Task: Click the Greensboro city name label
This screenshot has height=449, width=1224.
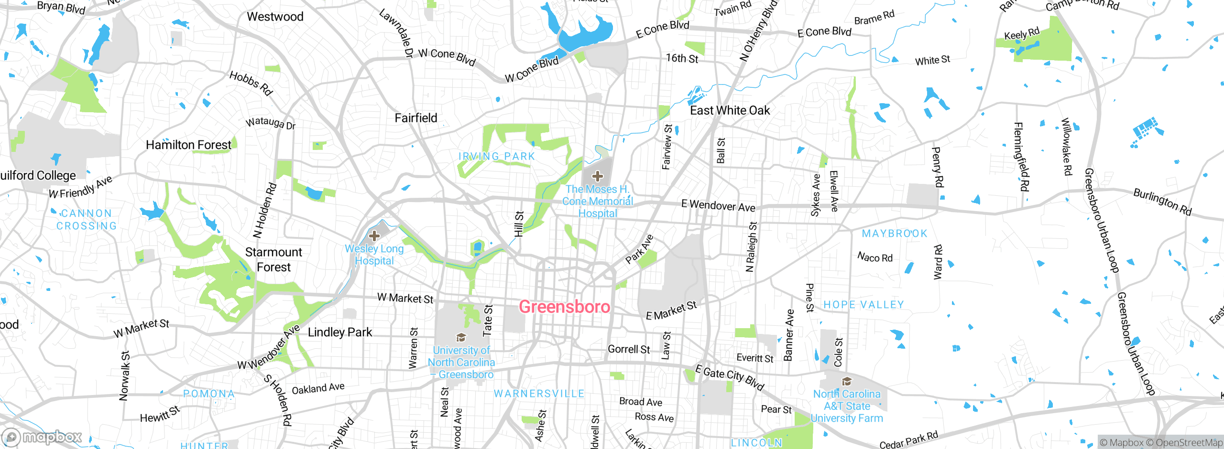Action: (564, 307)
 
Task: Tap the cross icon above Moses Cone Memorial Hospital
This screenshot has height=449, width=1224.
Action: (597, 176)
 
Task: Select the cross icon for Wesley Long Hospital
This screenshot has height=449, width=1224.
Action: (374, 235)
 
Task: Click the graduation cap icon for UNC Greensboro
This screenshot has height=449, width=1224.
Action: (461, 338)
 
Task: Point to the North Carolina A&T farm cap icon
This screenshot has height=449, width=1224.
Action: (847, 381)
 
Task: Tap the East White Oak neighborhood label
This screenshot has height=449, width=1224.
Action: (730, 110)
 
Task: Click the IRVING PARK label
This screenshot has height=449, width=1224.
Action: (496, 156)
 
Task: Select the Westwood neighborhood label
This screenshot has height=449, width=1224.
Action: (275, 17)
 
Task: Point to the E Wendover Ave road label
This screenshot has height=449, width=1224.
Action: (718, 206)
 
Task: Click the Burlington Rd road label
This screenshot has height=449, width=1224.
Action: (1162, 202)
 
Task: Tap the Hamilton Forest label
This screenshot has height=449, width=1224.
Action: (188, 145)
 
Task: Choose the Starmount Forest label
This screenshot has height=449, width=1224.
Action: (273, 259)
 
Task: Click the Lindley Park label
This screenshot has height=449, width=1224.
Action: (339, 332)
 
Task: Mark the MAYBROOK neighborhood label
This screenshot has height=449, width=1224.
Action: (894, 234)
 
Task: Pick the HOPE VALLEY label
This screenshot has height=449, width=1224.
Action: (863, 305)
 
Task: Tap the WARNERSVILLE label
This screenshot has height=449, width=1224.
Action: (539, 394)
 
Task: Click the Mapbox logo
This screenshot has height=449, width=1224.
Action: (42, 437)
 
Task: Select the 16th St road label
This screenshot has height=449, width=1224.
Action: (682, 58)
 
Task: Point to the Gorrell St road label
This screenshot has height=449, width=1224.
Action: (628, 349)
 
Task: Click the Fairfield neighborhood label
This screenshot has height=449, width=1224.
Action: (415, 118)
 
